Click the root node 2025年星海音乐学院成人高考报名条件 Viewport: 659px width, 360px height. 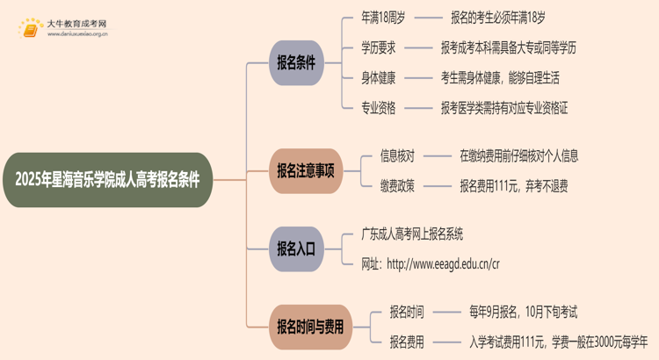click(x=107, y=180)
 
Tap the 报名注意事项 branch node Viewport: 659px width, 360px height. click(x=305, y=170)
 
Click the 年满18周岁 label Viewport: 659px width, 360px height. click(x=382, y=17)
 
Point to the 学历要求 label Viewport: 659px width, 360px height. click(x=379, y=47)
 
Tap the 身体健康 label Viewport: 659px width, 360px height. click(x=379, y=77)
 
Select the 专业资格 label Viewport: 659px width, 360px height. click(x=379, y=108)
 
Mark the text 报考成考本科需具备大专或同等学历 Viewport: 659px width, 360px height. click(x=508, y=47)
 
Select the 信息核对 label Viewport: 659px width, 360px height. click(x=397, y=155)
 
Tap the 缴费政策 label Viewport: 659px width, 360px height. click(x=397, y=185)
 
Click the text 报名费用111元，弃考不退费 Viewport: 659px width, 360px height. click(x=514, y=185)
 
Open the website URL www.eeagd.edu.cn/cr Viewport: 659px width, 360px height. click(x=443, y=263)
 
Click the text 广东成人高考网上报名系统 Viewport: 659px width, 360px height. click(x=412, y=234)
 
